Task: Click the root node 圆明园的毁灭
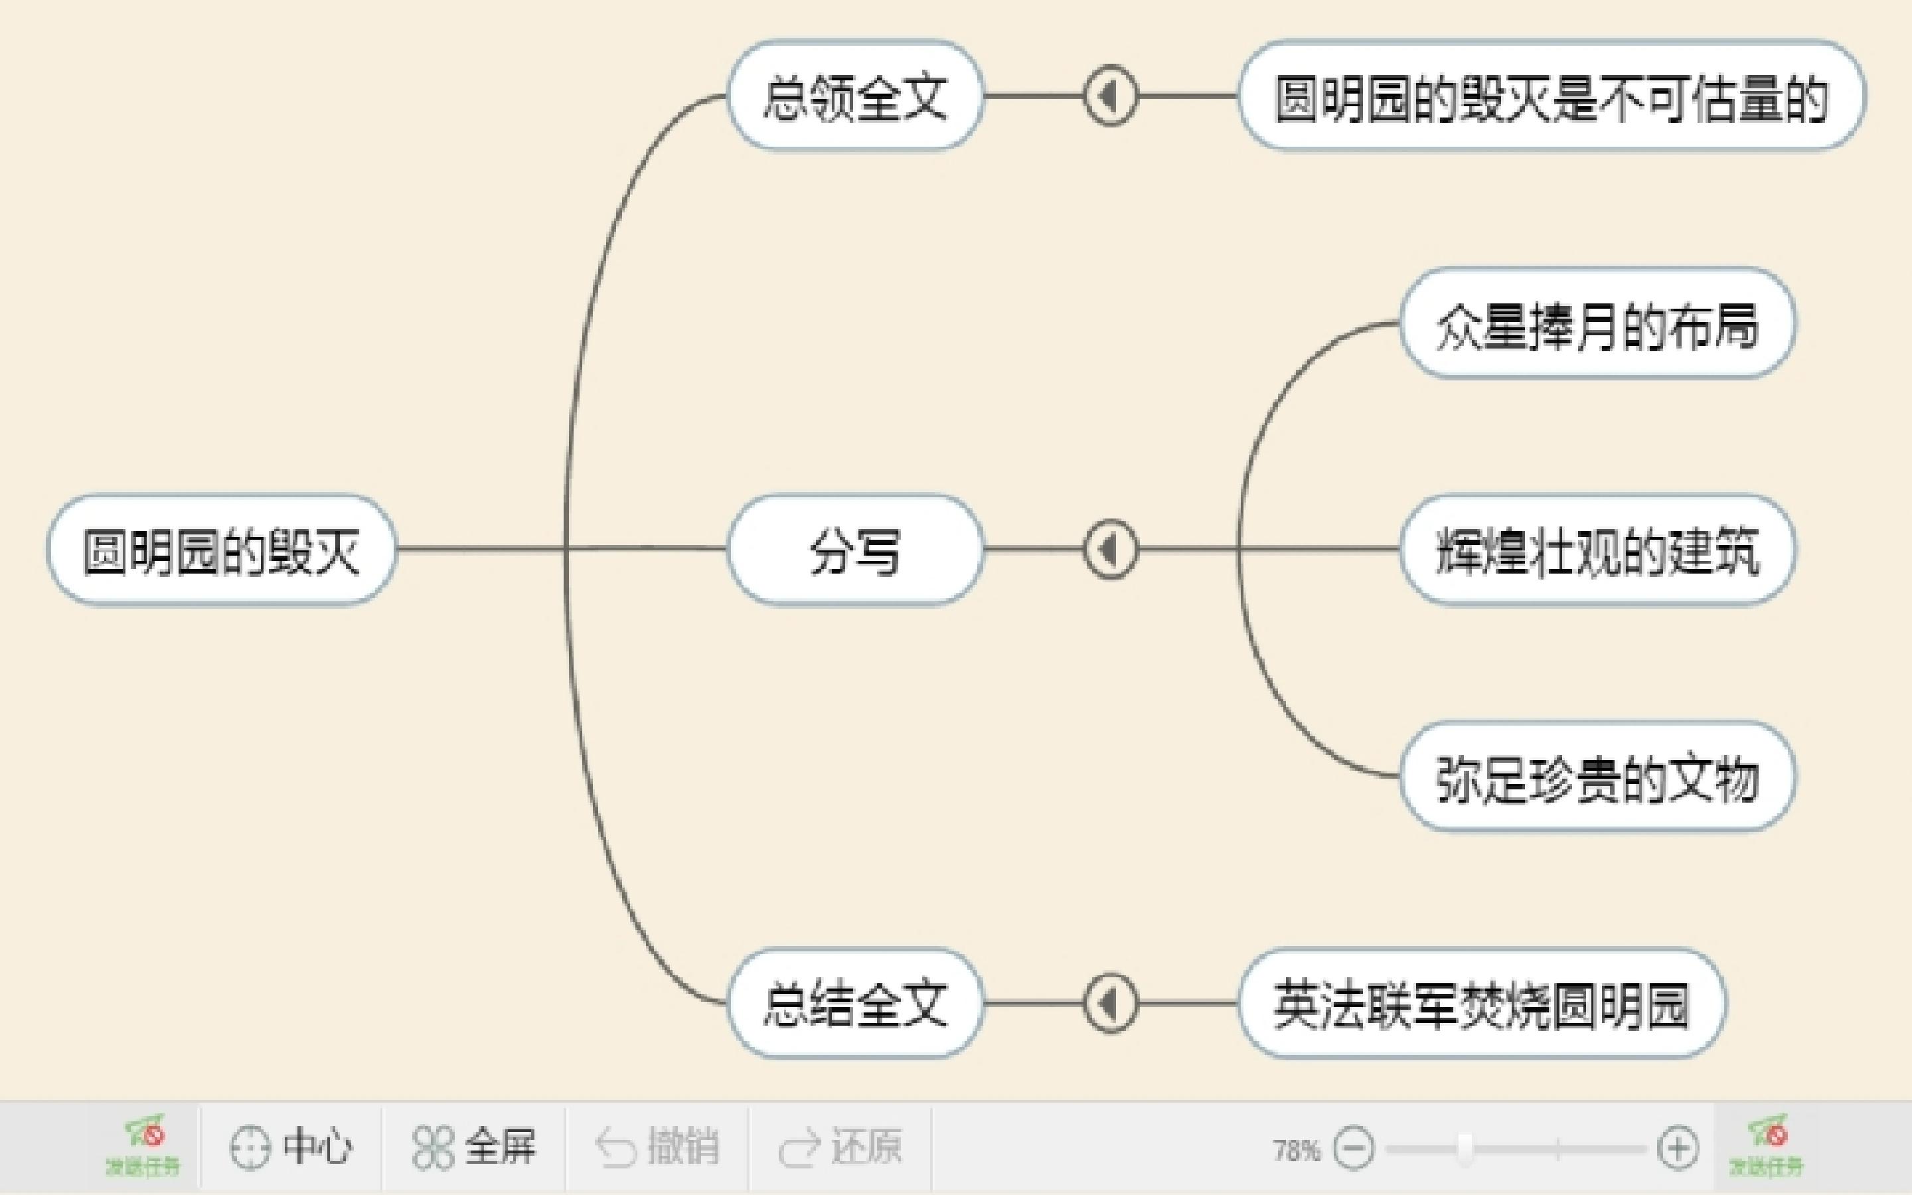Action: pyautogui.click(x=221, y=551)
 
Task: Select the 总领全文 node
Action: pyautogui.click(x=855, y=96)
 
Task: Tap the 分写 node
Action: pyautogui.click(x=855, y=551)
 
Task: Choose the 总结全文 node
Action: pyautogui.click(x=855, y=1004)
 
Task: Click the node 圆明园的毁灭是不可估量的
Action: pyautogui.click(x=1551, y=96)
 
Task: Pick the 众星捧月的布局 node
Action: pyautogui.click(x=1597, y=324)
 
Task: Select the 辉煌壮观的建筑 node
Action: pyautogui.click(x=1597, y=551)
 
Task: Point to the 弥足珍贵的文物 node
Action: pyautogui.click(x=1597, y=777)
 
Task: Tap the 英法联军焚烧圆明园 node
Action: pyautogui.click(x=1481, y=1004)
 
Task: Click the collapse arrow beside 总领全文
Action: pyautogui.click(x=1110, y=96)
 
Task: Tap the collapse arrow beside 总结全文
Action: pyautogui.click(x=1110, y=1004)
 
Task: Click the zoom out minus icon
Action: pyautogui.click(x=1354, y=1149)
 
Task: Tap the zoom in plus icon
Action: pyautogui.click(x=1678, y=1149)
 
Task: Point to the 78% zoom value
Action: pyautogui.click(x=1296, y=1150)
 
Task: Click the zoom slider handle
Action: pyautogui.click(x=1465, y=1149)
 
